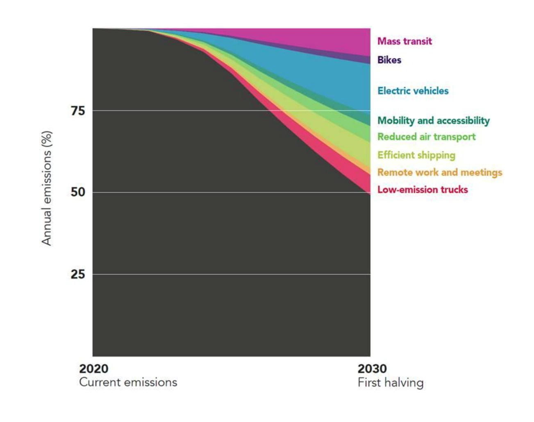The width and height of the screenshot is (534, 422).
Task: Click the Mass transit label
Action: point(404,41)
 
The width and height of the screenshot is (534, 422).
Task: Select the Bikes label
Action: point(389,60)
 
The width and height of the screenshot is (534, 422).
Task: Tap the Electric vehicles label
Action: point(413,91)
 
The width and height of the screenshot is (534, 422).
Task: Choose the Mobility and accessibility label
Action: point(433,120)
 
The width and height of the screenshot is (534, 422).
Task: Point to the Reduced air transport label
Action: point(426,137)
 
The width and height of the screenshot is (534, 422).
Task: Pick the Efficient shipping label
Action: point(416,155)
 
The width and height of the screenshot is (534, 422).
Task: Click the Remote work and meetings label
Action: point(439,172)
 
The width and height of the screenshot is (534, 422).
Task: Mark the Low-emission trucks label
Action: point(422,190)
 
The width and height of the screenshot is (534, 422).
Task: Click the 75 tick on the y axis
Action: point(78,111)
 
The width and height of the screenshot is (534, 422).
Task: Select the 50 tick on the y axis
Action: point(78,192)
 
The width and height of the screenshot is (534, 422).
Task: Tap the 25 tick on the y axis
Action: point(78,274)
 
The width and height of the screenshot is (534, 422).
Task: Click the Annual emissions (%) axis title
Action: point(47,188)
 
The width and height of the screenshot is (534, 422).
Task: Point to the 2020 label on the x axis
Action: point(94,368)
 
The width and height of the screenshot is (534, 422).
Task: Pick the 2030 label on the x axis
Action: point(372,368)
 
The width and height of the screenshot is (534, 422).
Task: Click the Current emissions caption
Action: point(128,382)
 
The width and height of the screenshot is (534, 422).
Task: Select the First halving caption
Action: point(390,383)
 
